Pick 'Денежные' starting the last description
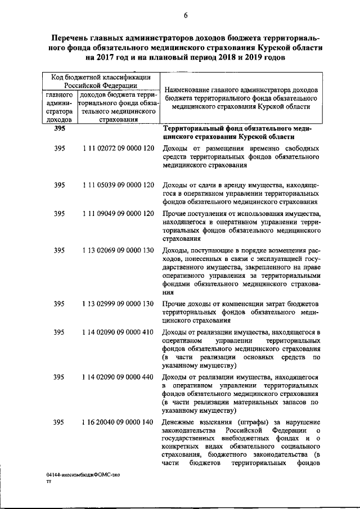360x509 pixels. [179, 422]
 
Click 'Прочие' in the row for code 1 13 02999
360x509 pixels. [174, 304]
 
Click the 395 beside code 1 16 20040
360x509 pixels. [60, 422]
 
